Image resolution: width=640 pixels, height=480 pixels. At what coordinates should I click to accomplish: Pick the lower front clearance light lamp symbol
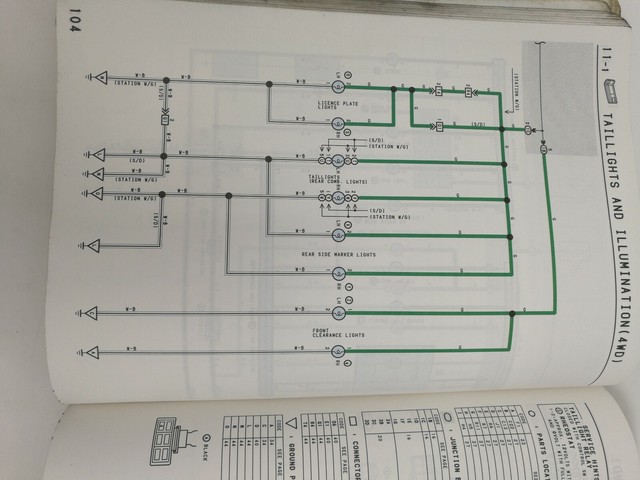[x=338, y=351]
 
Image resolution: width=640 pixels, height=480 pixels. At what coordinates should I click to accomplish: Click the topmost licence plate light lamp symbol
[x=338, y=77]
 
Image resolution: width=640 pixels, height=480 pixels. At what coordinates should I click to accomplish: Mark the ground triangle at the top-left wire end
[x=94, y=77]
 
